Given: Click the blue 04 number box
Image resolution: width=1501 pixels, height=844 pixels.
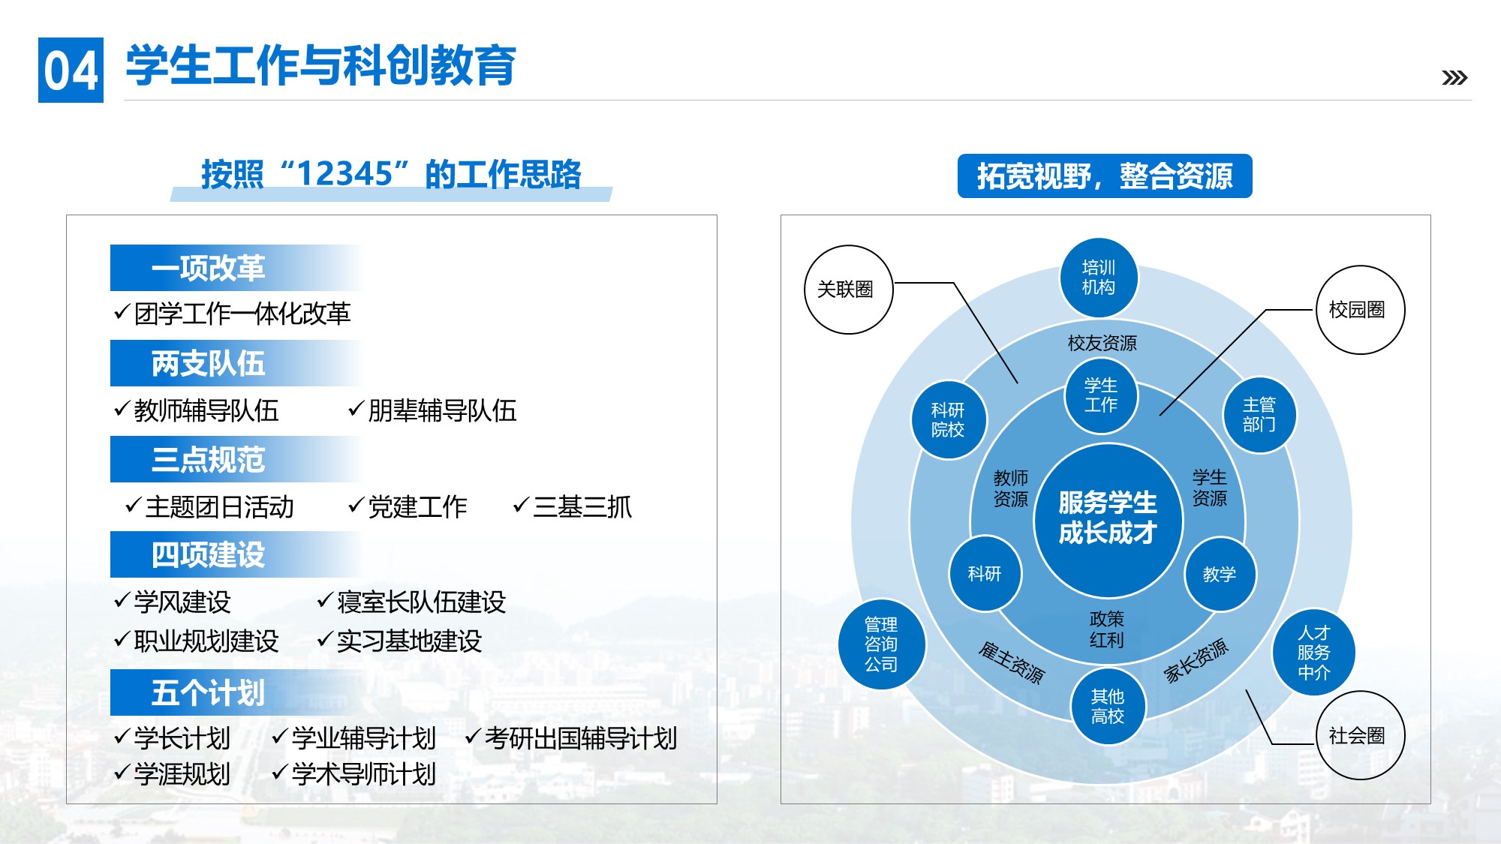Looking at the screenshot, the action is [x=71, y=70].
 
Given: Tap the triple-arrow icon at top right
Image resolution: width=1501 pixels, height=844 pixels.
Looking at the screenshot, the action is [x=1454, y=77].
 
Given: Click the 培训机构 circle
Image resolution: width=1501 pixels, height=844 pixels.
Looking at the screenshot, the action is [x=1099, y=278].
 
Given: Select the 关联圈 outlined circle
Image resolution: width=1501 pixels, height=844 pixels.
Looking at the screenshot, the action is [x=848, y=290].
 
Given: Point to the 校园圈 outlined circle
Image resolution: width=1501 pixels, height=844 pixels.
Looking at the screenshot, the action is [x=1360, y=310].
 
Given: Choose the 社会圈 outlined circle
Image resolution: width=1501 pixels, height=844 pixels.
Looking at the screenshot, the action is [x=1360, y=735].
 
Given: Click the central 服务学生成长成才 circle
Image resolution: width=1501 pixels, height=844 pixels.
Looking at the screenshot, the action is [x=1108, y=519].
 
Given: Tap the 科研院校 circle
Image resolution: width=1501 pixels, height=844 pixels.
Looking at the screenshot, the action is [x=948, y=420].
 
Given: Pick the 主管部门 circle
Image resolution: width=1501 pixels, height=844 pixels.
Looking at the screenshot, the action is [x=1259, y=415].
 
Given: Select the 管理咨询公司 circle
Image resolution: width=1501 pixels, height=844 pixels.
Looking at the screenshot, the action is [x=881, y=644].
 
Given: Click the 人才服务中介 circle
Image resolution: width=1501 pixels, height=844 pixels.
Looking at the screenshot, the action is [x=1313, y=653].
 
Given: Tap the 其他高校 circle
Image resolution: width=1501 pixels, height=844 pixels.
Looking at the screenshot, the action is [x=1108, y=707].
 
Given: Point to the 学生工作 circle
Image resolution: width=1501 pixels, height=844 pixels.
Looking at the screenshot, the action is [x=1101, y=395].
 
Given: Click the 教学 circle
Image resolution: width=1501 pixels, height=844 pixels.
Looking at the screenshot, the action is [x=1220, y=574].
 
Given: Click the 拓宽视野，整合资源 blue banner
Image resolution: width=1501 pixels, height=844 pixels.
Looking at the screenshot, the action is [x=1105, y=176].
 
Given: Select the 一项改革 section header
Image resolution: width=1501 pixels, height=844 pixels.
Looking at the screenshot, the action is [x=236, y=268].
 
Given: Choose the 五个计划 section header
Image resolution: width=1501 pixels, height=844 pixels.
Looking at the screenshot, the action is [x=236, y=692].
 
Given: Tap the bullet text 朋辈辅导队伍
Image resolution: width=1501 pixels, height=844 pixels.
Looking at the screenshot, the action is [x=442, y=410].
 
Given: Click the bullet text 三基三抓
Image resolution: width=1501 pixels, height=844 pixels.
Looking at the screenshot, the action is [x=582, y=507].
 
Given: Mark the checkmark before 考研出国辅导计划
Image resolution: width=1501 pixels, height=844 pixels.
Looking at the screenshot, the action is [x=473, y=737].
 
